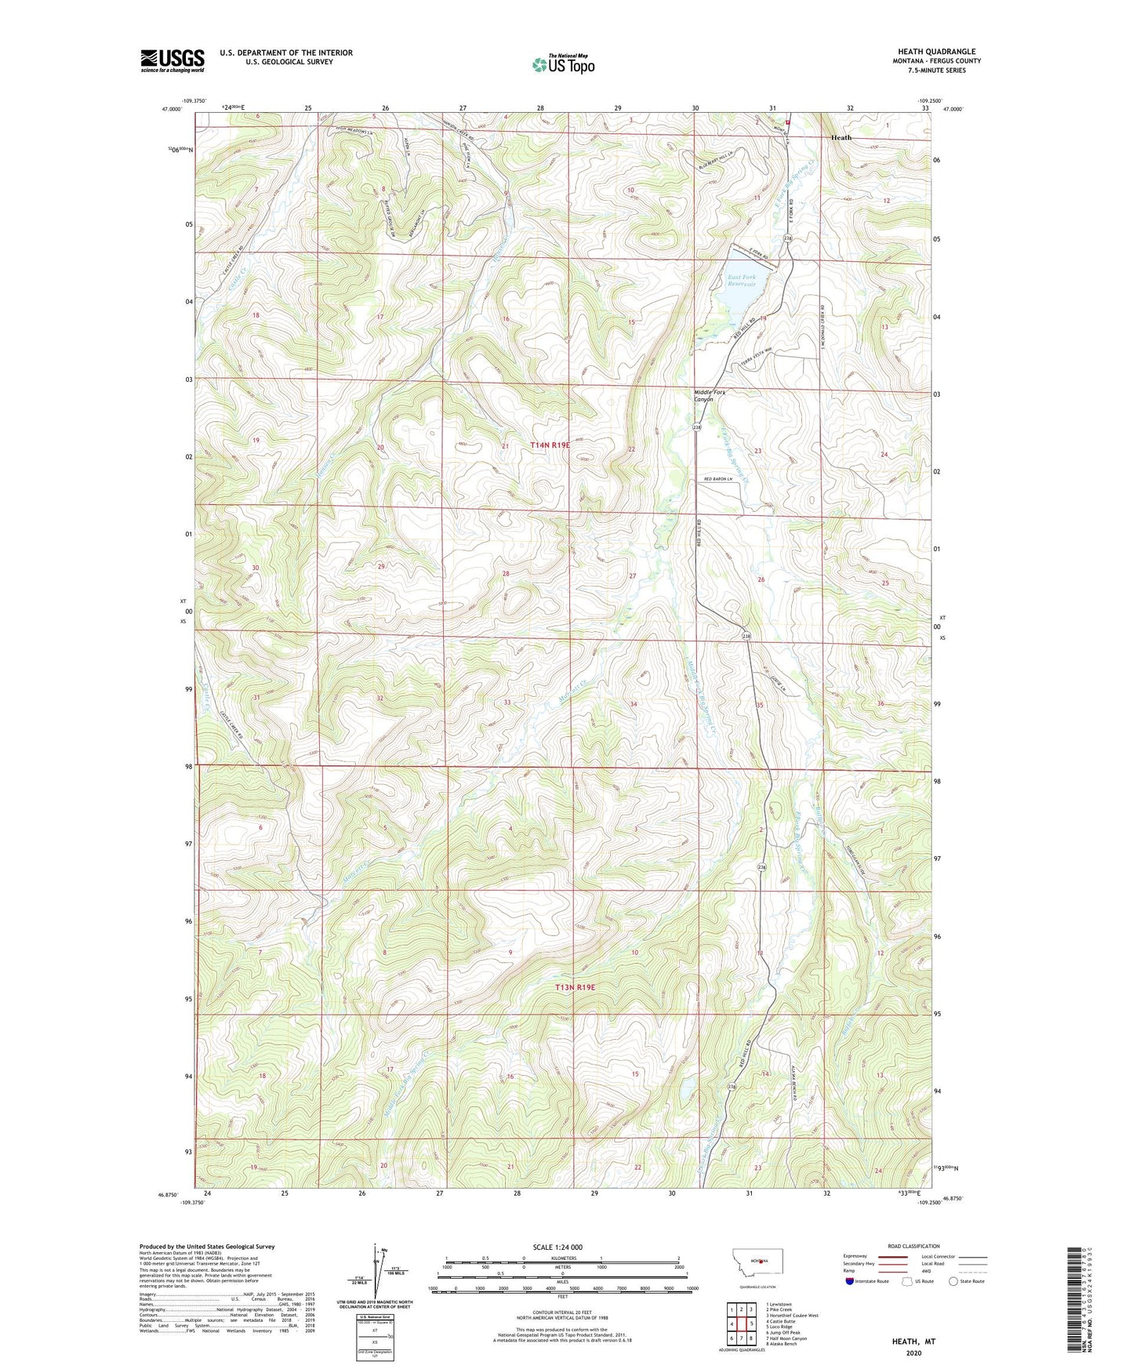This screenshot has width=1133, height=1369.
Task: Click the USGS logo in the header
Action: coord(172,60)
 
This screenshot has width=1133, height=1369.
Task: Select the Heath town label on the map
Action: coord(841,137)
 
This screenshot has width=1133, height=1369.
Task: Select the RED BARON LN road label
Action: coord(722,479)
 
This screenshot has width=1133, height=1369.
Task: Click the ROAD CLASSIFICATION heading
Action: coord(913,1246)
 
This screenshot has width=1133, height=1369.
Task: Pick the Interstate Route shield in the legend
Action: coord(851,1281)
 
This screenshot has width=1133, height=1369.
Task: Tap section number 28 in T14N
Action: coord(507,574)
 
